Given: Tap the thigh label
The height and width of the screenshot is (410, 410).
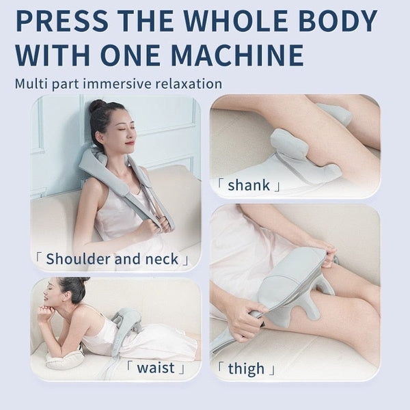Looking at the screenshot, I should (247, 370).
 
